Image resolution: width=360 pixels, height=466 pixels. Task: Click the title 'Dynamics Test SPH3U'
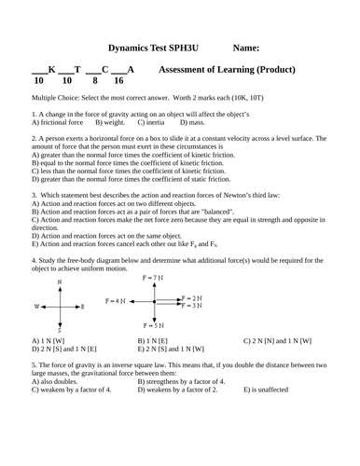[x=153, y=48]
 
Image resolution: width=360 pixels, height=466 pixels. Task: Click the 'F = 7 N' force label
[x=151, y=279]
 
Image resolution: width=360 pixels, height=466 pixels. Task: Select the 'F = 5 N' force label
[x=152, y=325]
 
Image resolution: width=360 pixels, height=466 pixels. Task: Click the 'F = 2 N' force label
[x=190, y=296]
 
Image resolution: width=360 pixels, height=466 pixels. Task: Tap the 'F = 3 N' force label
[x=190, y=306]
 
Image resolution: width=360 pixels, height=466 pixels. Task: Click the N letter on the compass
[x=60, y=281]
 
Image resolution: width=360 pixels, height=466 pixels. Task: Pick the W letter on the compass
[x=37, y=306]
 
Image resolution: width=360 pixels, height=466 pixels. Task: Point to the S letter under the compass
[x=60, y=330]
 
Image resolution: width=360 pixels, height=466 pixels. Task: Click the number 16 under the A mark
[x=118, y=81]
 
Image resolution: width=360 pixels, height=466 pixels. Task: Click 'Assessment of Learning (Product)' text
[x=228, y=69]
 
